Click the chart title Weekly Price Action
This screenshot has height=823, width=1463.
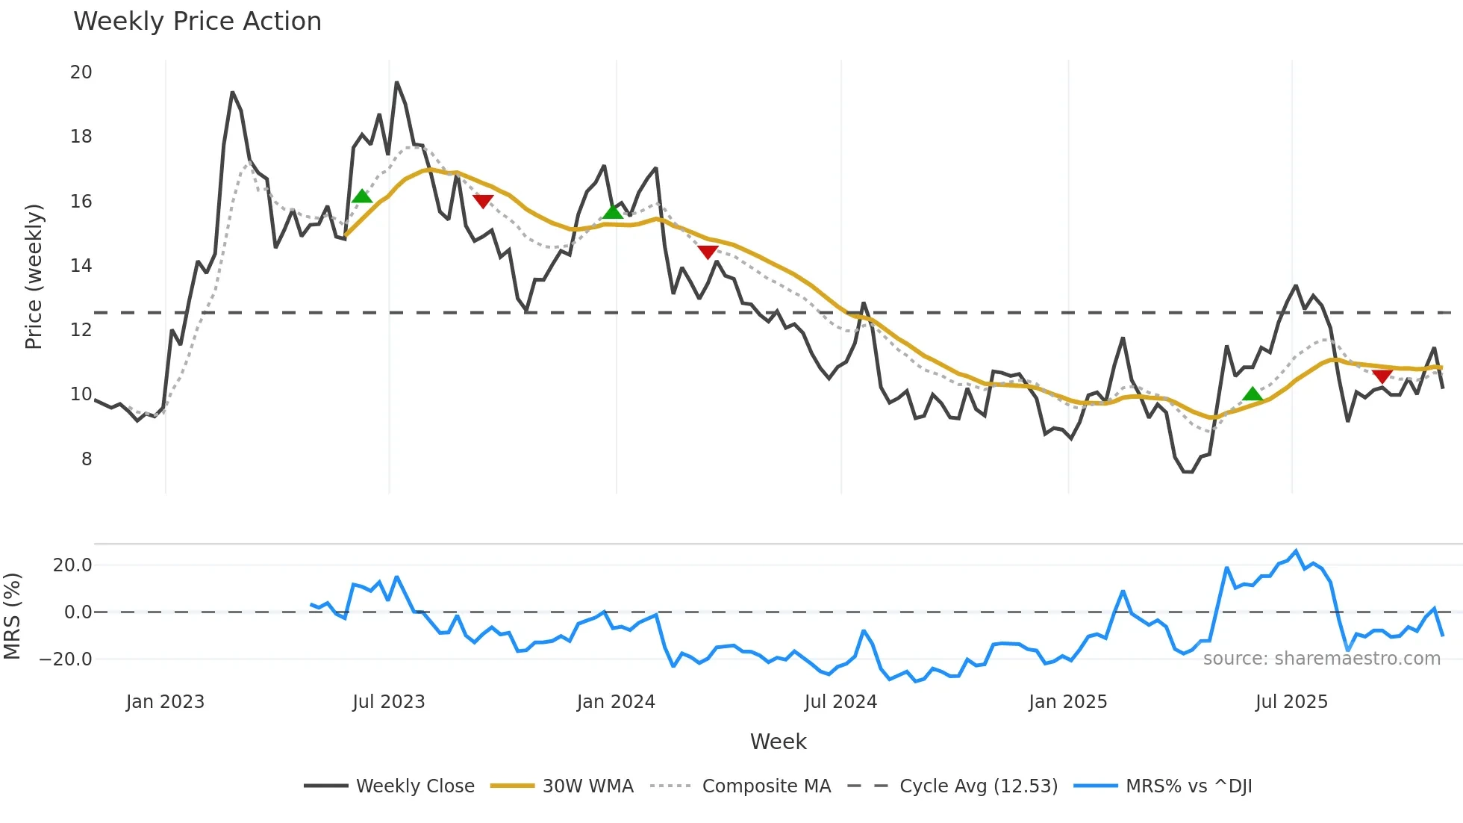(197, 22)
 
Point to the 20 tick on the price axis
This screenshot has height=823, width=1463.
(81, 72)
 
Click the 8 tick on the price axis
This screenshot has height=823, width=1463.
(87, 459)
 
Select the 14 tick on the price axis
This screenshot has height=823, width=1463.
(81, 266)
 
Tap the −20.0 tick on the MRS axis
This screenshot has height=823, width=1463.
(66, 659)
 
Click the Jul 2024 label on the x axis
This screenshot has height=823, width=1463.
(840, 702)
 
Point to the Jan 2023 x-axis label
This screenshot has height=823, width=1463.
(165, 702)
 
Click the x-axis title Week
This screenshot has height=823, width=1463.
(778, 742)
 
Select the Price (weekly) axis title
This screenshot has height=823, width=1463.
(34, 276)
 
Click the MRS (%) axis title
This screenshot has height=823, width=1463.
(13, 616)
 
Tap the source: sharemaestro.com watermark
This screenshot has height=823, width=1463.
(1321, 659)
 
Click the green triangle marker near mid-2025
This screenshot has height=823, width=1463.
(1253, 394)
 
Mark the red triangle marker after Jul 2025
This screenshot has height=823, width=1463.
(1382, 376)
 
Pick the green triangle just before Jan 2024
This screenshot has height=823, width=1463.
(613, 212)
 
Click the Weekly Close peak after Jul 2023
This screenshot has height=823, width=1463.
(396, 82)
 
